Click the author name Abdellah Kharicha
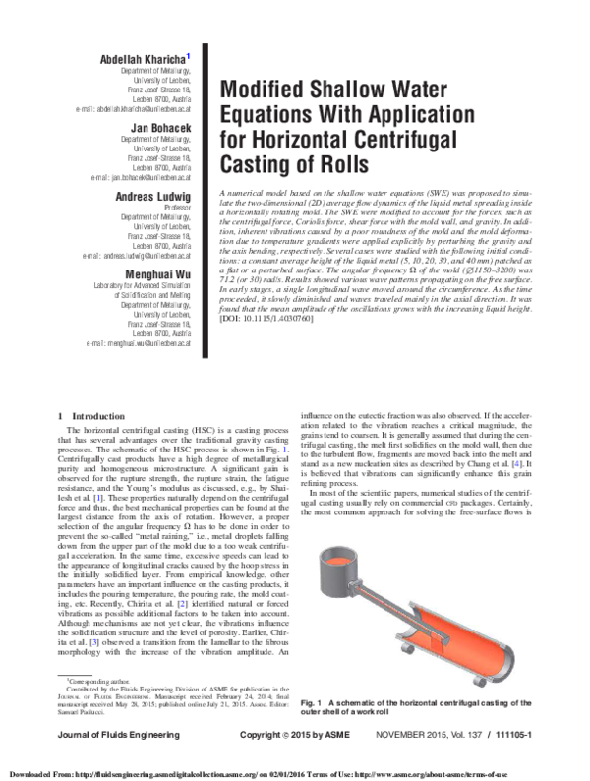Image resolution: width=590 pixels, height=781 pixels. [x=157, y=60]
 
